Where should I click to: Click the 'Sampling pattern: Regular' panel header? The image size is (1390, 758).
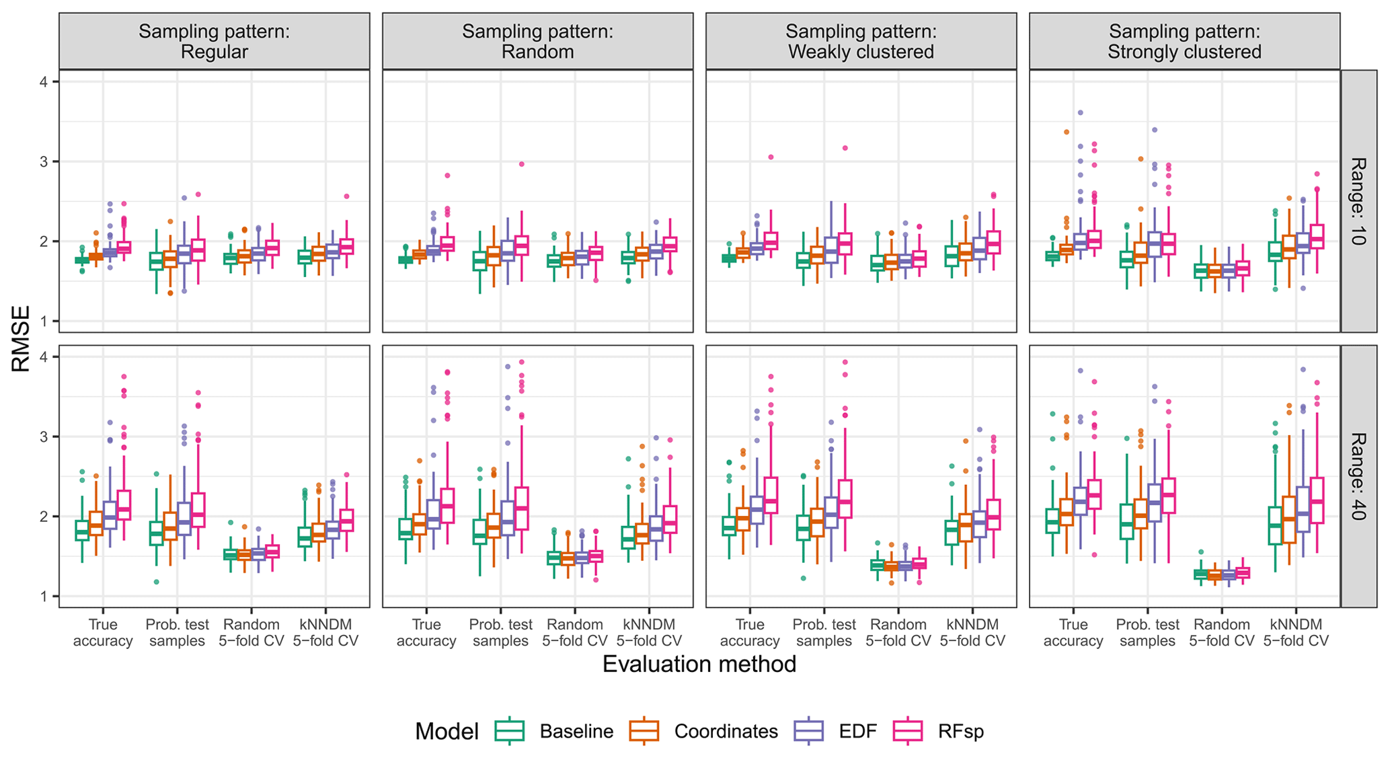214,42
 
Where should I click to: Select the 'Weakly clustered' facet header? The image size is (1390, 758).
861,42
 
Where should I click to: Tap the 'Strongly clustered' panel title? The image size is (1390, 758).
1184,42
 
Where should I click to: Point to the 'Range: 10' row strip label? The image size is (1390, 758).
1358,201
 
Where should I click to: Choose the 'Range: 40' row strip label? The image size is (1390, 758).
1358,476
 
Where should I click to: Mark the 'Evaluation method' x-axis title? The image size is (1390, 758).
699,665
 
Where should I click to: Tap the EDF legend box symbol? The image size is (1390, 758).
809,731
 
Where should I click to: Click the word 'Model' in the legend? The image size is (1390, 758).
447,731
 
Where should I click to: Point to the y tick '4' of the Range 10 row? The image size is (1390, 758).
44,82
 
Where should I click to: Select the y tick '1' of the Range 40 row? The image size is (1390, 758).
44,597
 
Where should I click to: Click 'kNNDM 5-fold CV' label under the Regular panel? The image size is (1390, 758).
325,633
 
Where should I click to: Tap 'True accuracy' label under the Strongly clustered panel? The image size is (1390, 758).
1073,633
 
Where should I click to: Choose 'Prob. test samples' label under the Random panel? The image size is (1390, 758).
500,633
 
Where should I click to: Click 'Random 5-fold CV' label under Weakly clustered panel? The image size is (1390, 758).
898,633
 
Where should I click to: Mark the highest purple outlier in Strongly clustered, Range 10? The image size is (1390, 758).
1080,113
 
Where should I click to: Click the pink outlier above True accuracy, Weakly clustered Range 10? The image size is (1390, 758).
771,157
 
